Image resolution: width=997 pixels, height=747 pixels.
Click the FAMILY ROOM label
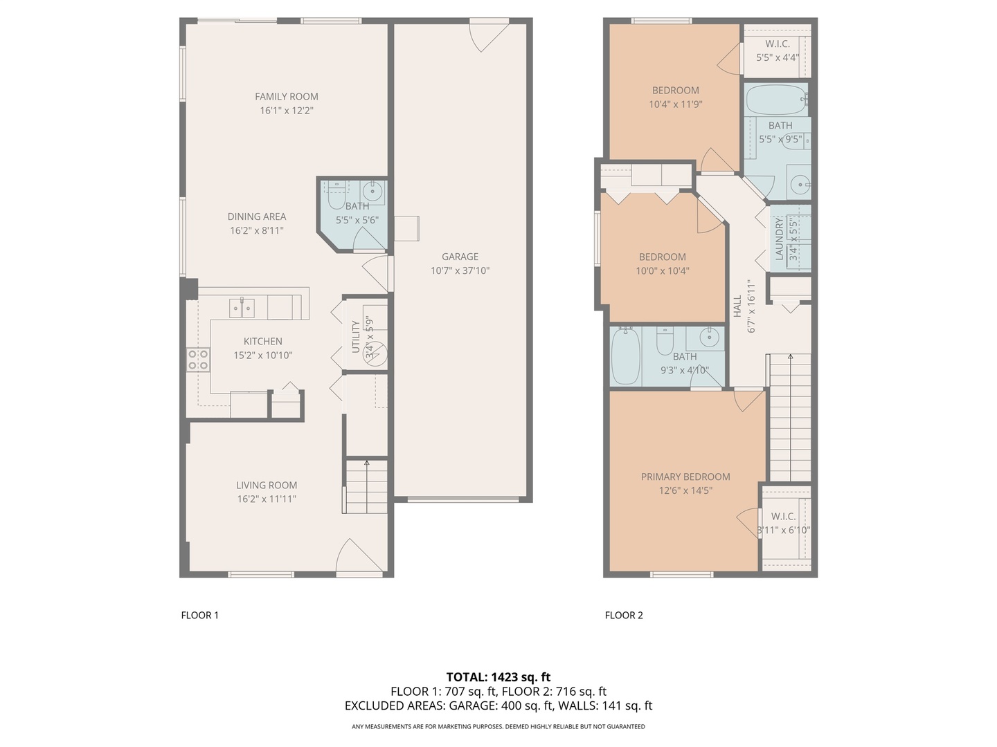point(286,97)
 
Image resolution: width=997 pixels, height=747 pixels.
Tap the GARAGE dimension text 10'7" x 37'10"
point(460,271)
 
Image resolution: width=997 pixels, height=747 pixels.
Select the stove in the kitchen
point(198,360)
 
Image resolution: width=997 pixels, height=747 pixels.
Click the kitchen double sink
point(242,308)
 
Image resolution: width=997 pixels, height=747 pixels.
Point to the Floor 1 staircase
point(366,487)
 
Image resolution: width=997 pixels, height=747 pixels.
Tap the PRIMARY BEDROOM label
point(685,477)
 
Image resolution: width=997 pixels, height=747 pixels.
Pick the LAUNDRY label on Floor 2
point(780,239)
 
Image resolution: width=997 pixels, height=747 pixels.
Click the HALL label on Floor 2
point(737,306)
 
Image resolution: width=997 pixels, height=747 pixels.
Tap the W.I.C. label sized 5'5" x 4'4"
point(778,44)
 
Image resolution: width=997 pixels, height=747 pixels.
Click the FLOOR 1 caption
point(199,615)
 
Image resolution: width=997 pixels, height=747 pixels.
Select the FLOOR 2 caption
point(624,615)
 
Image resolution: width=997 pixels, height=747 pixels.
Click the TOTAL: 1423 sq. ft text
point(498,677)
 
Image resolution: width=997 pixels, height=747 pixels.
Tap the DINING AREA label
point(256,216)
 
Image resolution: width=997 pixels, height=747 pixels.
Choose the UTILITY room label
point(356,336)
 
